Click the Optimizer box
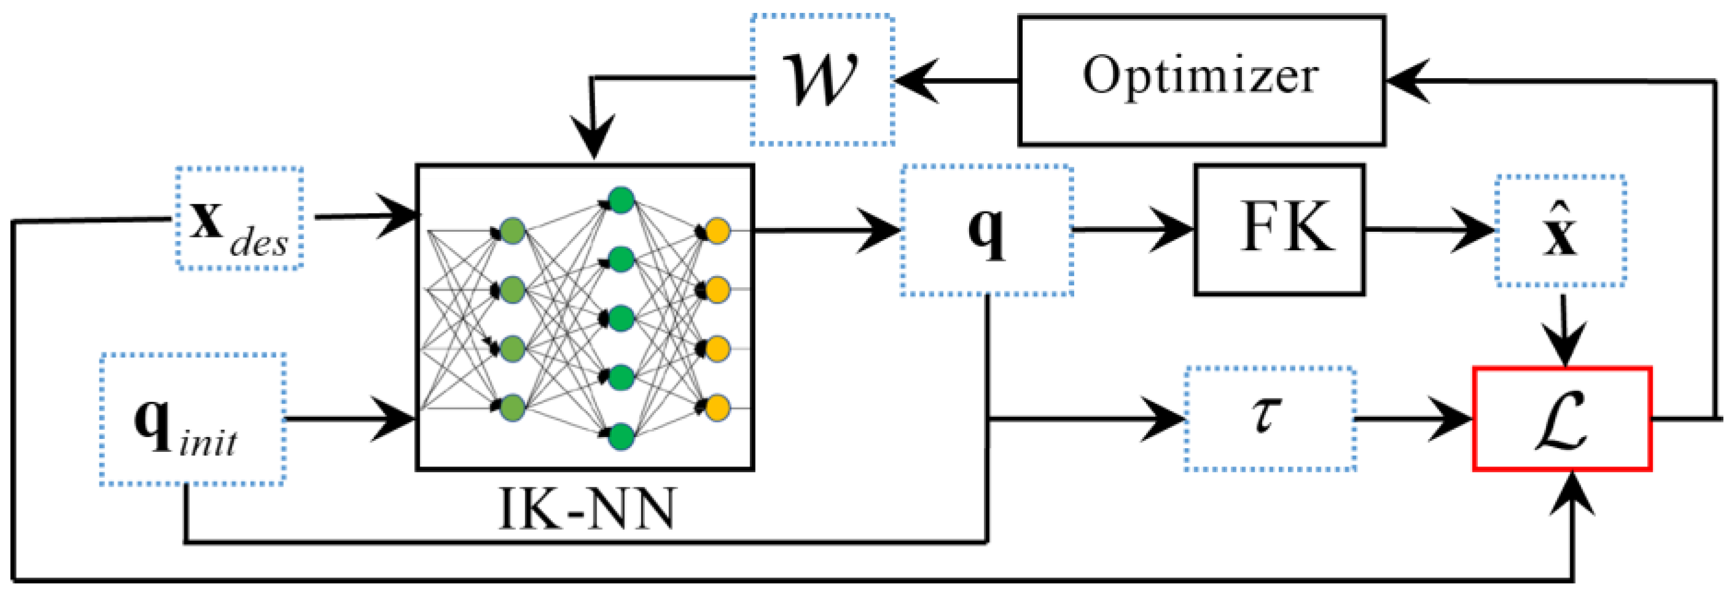tap(1201, 79)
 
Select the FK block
tap(1279, 229)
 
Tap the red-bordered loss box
tap(1562, 418)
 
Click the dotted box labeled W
tap(822, 79)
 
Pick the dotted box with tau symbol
tap(1270, 418)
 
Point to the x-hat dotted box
tap(1560, 231)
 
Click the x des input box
tap(240, 219)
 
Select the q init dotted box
tap(192, 419)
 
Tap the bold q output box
tap(986, 229)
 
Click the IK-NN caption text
tap(587, 509)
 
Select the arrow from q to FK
tap(1136, 230)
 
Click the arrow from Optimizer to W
tap(955, 80)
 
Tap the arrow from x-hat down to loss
tap(1564, 330)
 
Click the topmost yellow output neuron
tap(717, 231)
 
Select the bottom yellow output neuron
tap(717, 408)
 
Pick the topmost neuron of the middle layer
tap(620, 200)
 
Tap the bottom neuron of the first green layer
tap(512, 408)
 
